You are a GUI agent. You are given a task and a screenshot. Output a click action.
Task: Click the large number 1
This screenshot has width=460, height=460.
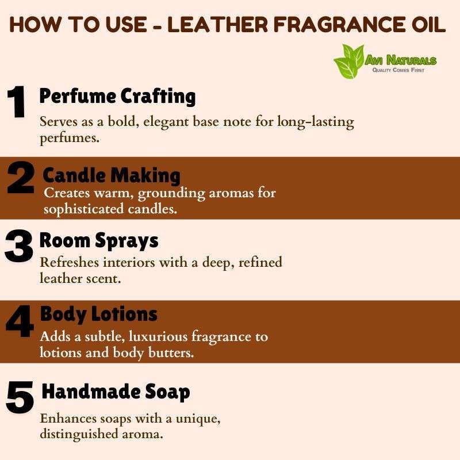(17, 102)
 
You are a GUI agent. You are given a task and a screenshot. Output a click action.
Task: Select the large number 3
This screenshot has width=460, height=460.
(18, 246)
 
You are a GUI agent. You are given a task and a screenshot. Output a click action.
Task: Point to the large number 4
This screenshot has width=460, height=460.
(20, 321)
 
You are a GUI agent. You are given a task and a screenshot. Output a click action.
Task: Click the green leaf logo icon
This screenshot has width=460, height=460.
(348, 62)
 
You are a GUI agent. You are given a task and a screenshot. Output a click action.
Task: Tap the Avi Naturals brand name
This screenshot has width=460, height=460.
(401, 60)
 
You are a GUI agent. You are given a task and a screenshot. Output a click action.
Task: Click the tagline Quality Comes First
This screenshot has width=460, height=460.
(398, 70)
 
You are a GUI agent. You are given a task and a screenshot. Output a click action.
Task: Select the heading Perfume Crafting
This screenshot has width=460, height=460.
(117, 96)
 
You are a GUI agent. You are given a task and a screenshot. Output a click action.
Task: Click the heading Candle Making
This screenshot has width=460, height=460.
(112, 175)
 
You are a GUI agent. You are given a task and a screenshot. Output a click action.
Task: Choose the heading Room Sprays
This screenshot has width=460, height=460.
(99, 241)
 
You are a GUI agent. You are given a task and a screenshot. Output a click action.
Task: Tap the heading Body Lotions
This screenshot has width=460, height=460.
(98, 314)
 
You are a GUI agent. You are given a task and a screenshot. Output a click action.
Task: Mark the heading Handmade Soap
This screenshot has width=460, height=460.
(116, 392)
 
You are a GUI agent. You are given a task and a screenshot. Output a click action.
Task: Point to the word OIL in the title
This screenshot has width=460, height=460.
(428, 24)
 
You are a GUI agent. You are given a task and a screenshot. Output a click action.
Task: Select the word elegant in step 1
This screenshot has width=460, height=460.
(166, 122)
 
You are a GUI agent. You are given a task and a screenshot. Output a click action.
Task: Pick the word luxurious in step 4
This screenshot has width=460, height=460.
(158, 336)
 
